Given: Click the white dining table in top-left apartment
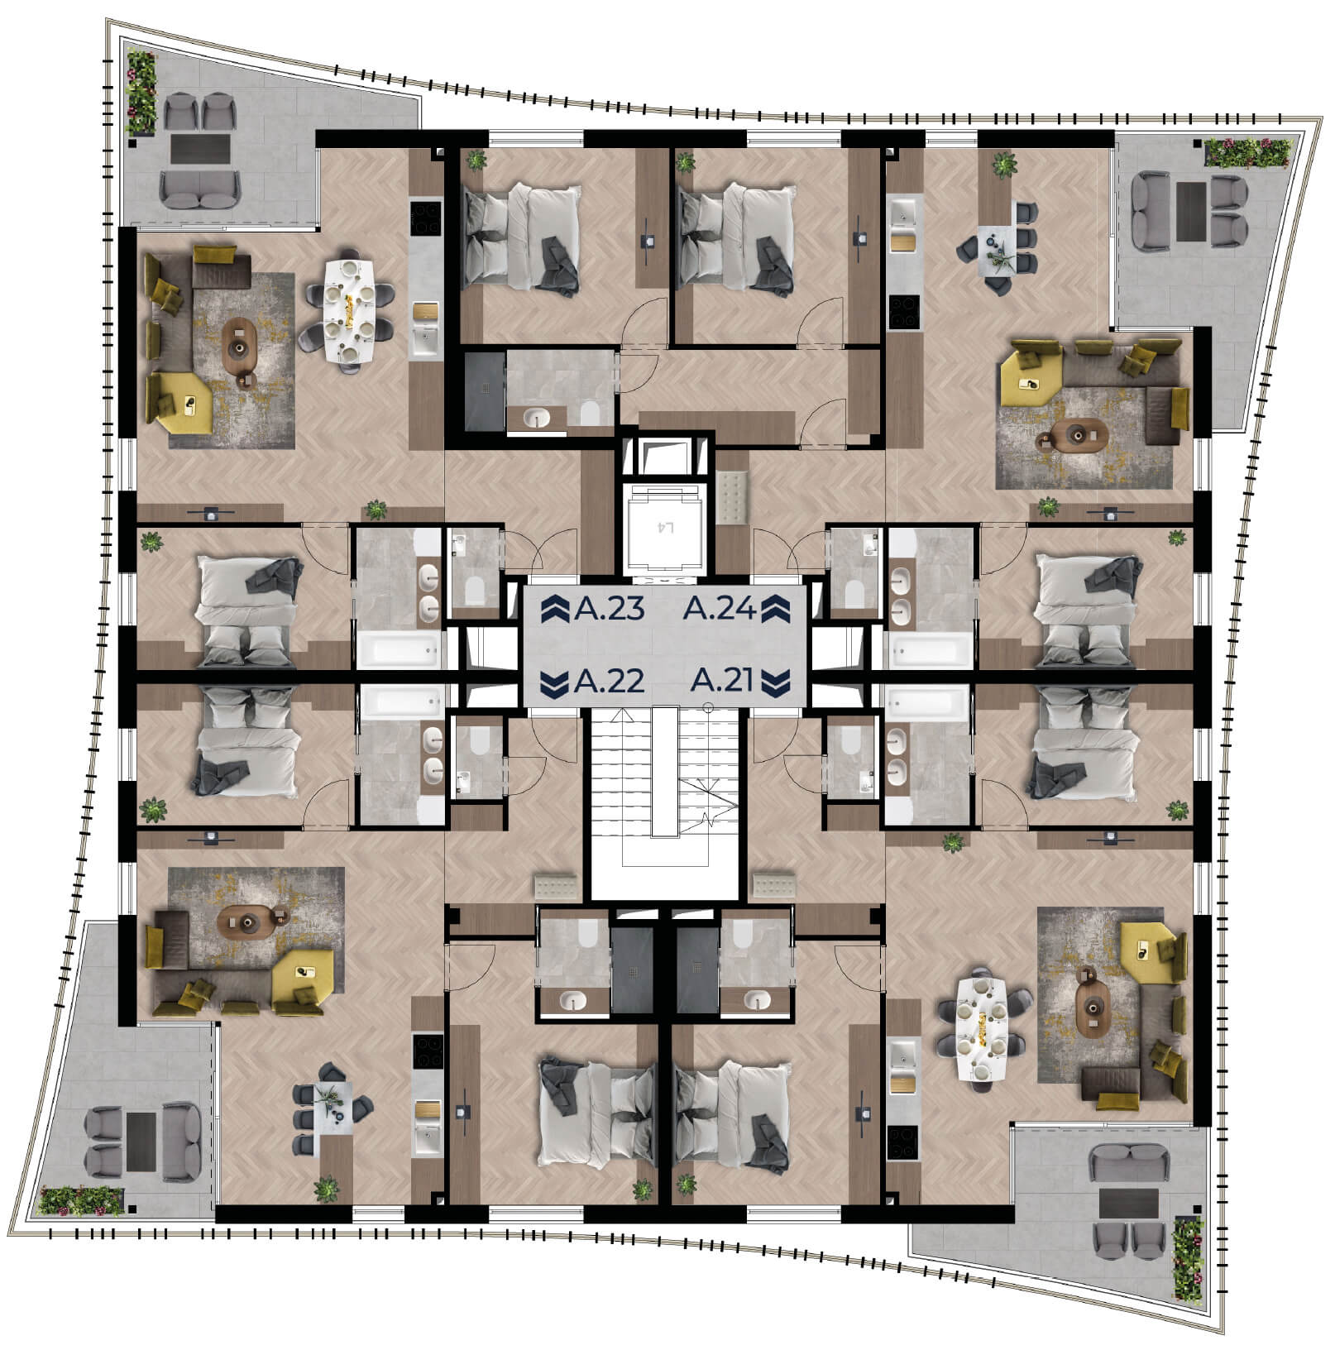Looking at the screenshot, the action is click(354, 313).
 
